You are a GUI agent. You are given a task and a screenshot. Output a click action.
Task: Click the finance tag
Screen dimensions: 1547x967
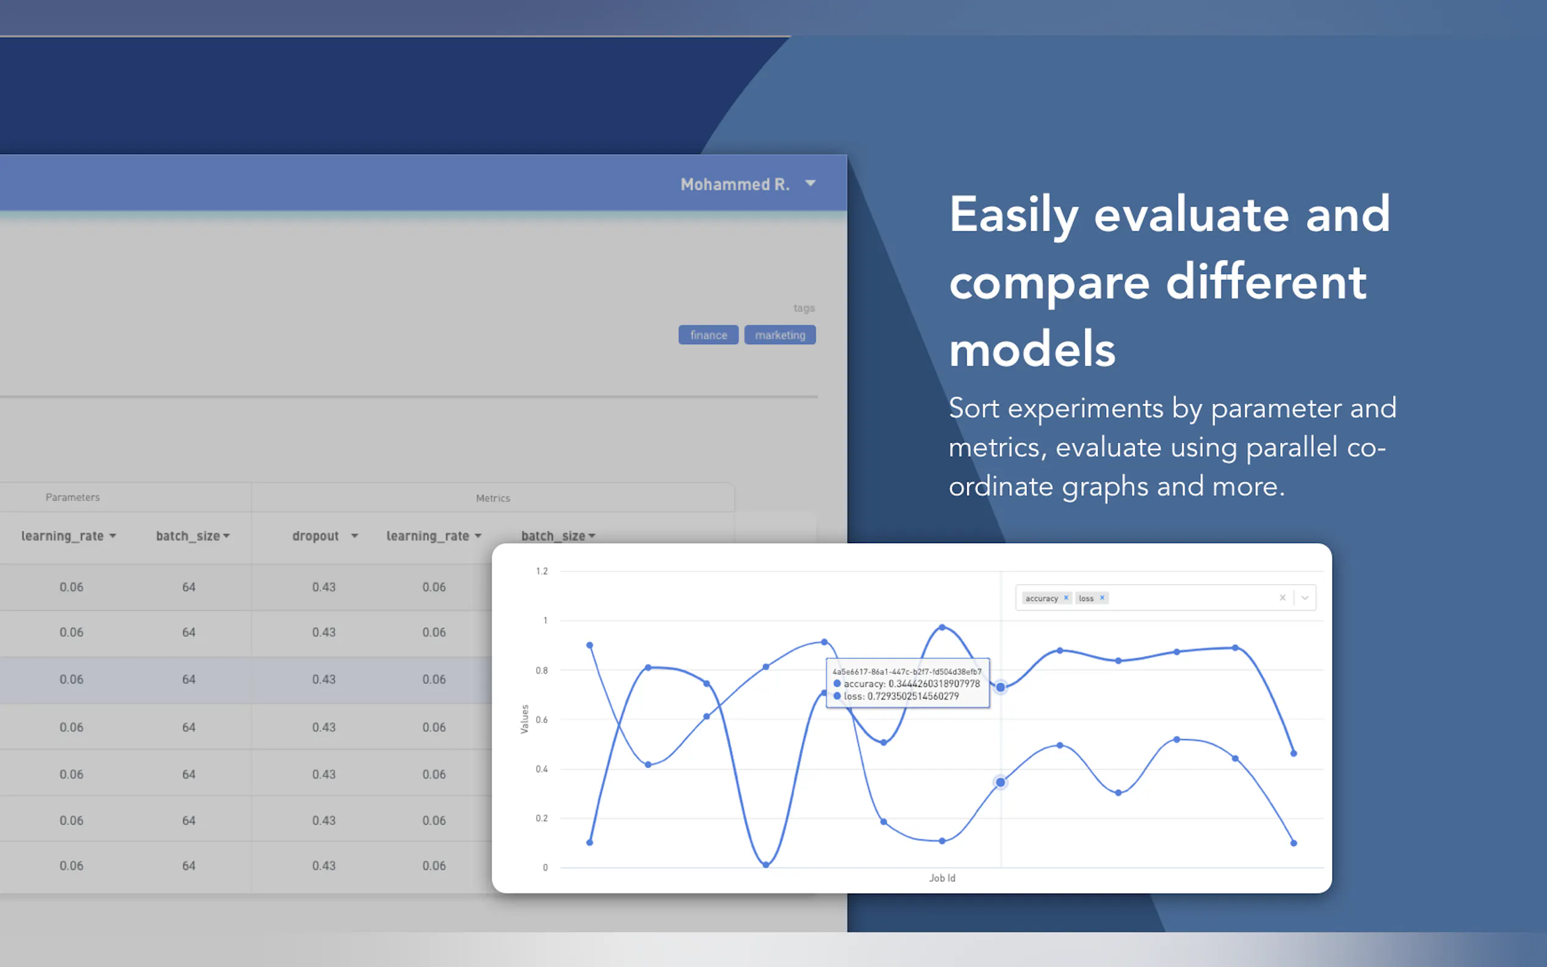708,335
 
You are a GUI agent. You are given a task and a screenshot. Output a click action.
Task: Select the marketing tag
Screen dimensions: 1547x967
780,335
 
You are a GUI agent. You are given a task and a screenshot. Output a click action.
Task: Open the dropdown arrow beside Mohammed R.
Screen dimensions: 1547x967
810,183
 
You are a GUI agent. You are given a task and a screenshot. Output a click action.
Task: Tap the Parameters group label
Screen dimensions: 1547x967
72,498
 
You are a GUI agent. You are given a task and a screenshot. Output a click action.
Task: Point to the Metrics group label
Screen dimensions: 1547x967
493,498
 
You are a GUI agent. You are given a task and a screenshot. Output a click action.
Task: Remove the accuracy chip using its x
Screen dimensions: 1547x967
1066,598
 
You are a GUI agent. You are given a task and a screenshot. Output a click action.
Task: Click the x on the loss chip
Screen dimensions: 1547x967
1102,598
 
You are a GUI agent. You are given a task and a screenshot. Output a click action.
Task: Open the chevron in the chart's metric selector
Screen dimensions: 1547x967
1305,598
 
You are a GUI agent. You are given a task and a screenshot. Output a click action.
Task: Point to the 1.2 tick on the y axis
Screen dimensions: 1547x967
541,571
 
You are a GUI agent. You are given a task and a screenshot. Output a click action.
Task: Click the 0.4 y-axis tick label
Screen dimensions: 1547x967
541,769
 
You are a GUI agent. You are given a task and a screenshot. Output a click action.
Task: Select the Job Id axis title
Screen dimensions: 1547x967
942,878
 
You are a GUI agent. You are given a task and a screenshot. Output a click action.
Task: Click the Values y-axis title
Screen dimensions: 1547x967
524,719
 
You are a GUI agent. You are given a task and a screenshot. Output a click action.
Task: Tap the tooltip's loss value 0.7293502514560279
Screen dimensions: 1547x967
912,697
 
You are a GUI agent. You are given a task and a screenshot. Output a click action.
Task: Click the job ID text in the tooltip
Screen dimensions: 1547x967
907,672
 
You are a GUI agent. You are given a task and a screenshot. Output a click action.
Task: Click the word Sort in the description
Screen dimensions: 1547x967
973,408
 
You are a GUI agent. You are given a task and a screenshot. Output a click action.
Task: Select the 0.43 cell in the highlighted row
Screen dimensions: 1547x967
323,679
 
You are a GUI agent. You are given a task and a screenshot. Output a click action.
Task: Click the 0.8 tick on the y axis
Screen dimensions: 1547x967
541,670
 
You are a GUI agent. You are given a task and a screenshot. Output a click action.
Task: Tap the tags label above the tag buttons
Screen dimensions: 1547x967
804,308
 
